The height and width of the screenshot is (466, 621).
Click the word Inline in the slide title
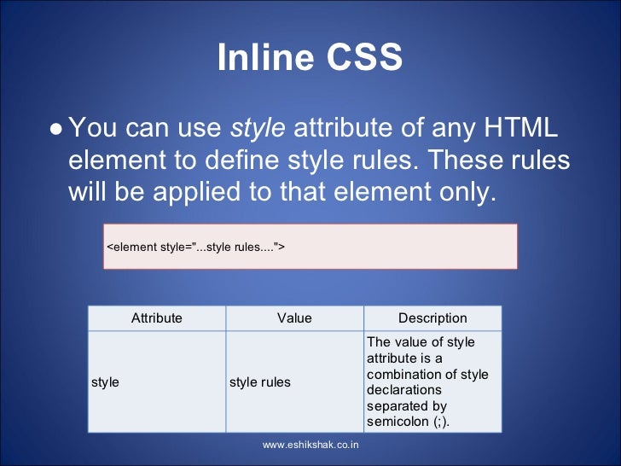pyautogui.click(x=264, y=58)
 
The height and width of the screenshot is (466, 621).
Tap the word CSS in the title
pyautogui.click(x=359, y=58)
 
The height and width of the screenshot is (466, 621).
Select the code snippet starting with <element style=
pyautogui.click(x=195, y=248)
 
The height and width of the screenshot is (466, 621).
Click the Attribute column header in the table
pyautogui.click(x=157, y=318)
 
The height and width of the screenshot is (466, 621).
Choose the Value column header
pyautogui.click(x=294, y=318)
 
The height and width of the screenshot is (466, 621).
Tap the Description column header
pyautogui.click(x=432, y=318)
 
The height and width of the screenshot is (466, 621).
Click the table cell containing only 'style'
pyautogui.click(x=105, y=382)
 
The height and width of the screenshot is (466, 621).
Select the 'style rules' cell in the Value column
pyautogui.click(x=260, y=382)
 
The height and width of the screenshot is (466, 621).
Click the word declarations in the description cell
pyautogui.click(x=401, y=390)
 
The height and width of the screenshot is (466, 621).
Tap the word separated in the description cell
pyautogui.click(x=396, y=406)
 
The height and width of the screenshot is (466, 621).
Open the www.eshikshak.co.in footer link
pyautogui.click(x=310, y=446)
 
